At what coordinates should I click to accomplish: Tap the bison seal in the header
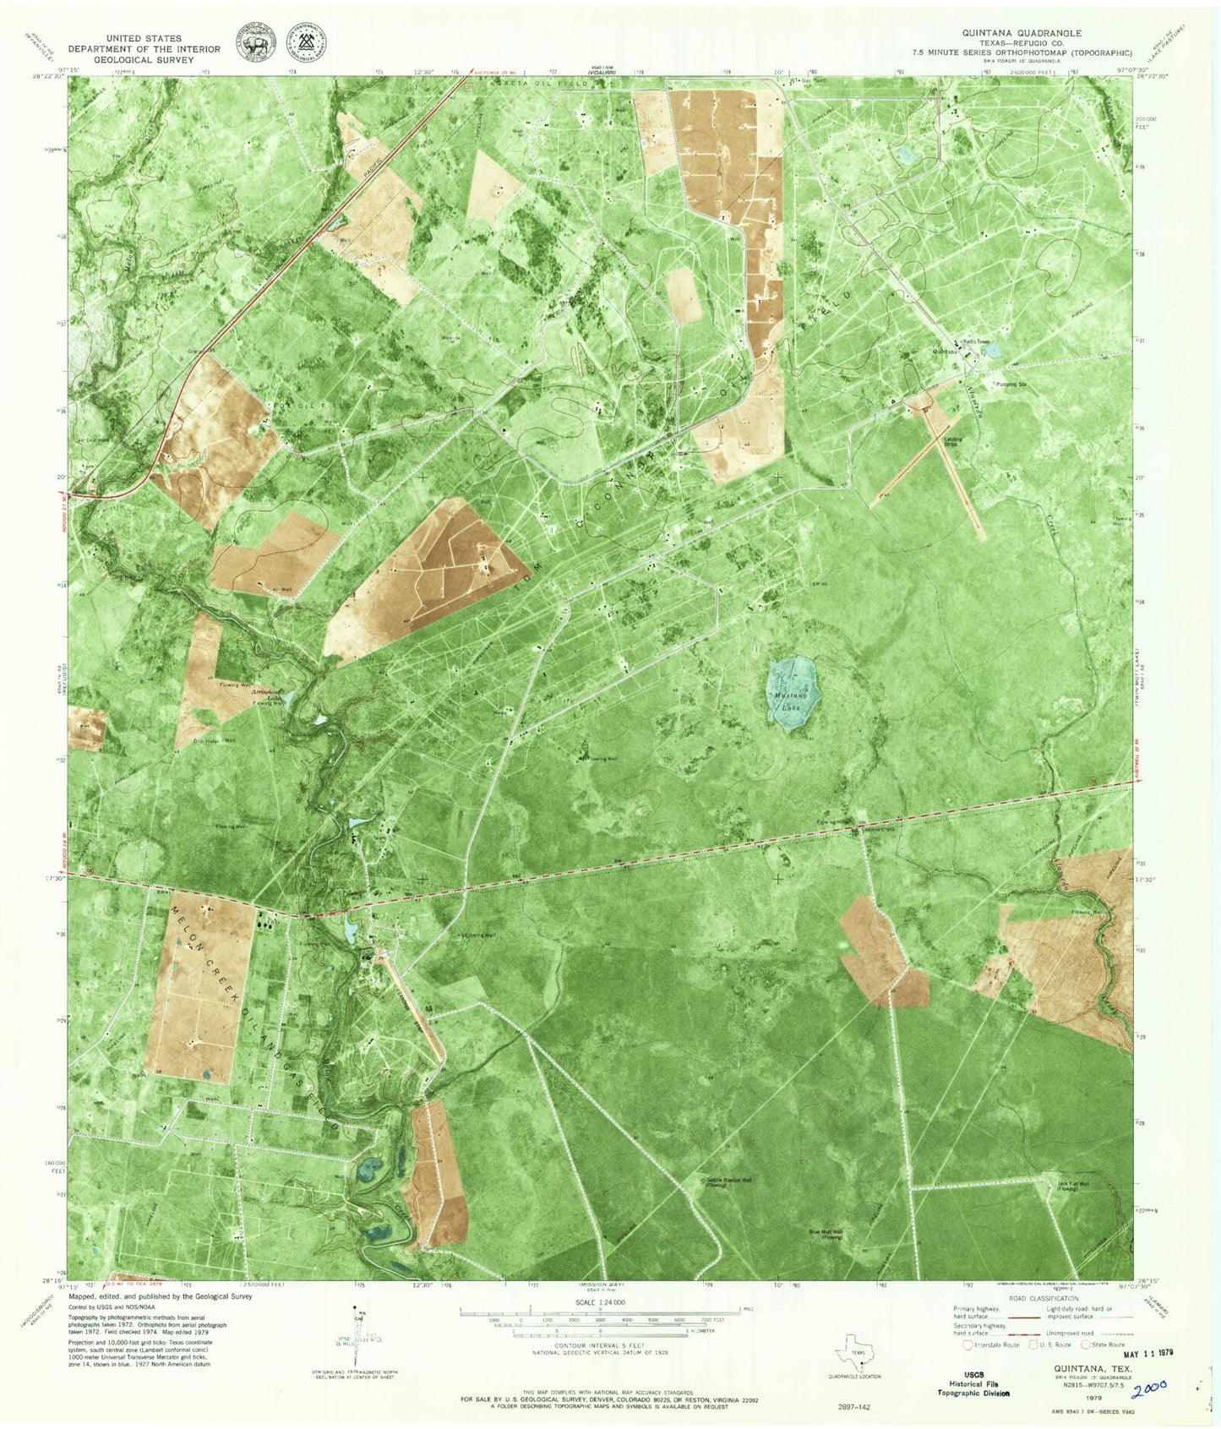click(x=257, y=43)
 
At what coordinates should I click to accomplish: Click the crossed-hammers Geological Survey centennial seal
click(x=308, y=43)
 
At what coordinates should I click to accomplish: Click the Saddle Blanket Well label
click(x=728, y=1181)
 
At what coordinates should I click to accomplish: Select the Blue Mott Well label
click(x=826, y=1234)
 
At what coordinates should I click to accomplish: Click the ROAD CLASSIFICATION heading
click(x=1038, y=1299)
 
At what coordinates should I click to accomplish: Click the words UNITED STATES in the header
click(x=144, y=39)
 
